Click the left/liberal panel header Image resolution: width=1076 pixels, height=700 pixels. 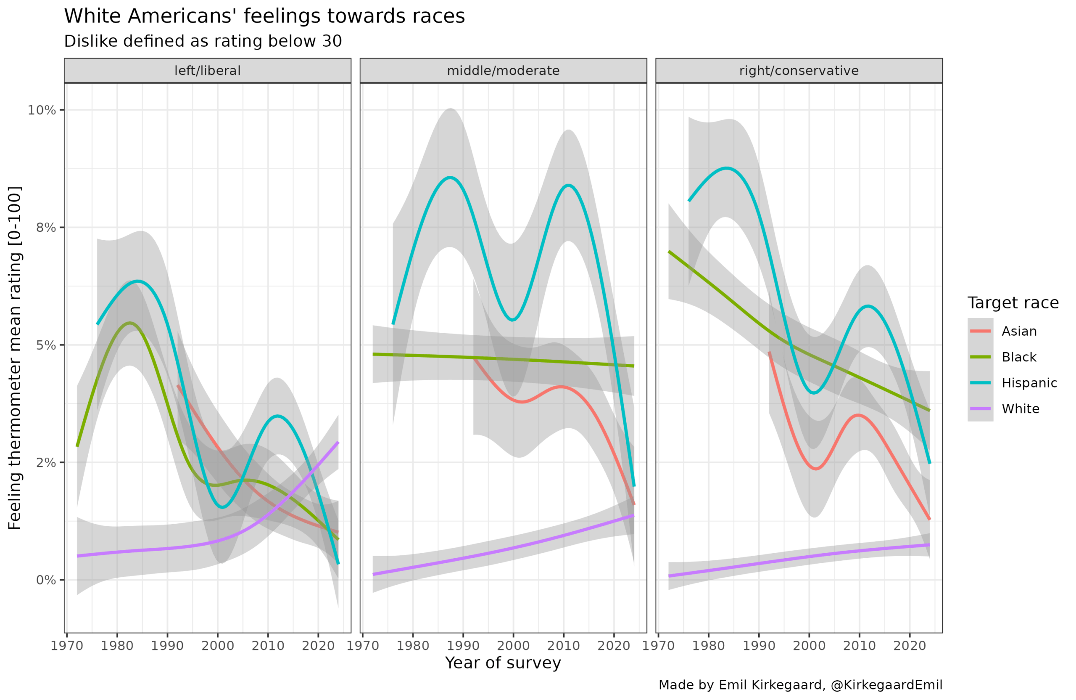pos(208,71)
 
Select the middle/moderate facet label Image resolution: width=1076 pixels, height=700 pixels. pos(503,71)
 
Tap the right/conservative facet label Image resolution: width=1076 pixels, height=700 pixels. pos(799,71)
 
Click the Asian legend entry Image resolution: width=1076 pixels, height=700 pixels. pos(1018,331)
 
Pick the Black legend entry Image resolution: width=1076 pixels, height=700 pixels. pos(1018,357)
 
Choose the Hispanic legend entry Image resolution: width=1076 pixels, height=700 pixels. pos(1029,383)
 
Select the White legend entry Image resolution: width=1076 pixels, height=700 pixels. pos(1021,408)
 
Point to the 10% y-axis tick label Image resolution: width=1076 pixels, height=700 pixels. pos(42,110)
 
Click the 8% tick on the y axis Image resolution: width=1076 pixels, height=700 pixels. pos(46,228)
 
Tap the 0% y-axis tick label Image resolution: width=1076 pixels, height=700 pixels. pos(46,580)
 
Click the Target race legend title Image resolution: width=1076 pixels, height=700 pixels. pos(1013,303)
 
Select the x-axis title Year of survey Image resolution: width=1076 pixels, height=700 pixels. pos(503,663)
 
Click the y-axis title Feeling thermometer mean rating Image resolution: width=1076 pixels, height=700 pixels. pos(14,358)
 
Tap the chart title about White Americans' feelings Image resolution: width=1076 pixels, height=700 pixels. pos(264,16)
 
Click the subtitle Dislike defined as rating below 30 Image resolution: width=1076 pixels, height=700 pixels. pos(203,41)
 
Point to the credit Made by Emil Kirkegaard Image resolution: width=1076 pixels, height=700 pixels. pos(800,685)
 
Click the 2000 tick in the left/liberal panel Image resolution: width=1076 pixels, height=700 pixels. pos(217,645)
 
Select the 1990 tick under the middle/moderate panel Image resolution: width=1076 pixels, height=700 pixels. pos(463,645)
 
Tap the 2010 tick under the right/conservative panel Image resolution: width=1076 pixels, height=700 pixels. pos(859,645)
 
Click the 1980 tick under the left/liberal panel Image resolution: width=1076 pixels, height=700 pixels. pos(117,645)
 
